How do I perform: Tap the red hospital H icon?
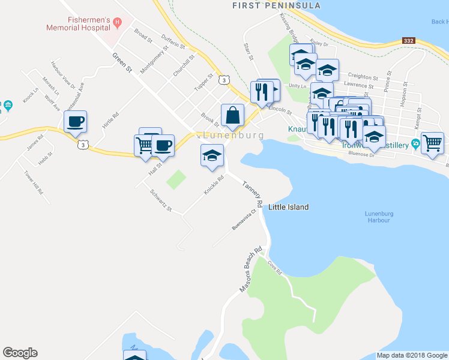[118, 23]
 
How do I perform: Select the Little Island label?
[288, 207]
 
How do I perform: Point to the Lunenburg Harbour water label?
[378, 217]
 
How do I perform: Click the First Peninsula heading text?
[277, 5]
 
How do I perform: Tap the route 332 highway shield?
[409, 41]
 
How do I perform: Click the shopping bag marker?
[232, 115]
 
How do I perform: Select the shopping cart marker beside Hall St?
[144, 145]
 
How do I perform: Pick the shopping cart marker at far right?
[432, 143]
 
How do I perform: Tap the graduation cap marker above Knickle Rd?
[211, 155]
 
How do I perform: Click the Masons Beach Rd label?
[252, 269]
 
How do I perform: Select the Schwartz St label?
[161, 202]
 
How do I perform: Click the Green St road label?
[122, 62]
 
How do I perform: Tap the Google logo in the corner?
[20, 353]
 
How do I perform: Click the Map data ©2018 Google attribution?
[412, 355]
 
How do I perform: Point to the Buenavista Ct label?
[244, 220]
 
